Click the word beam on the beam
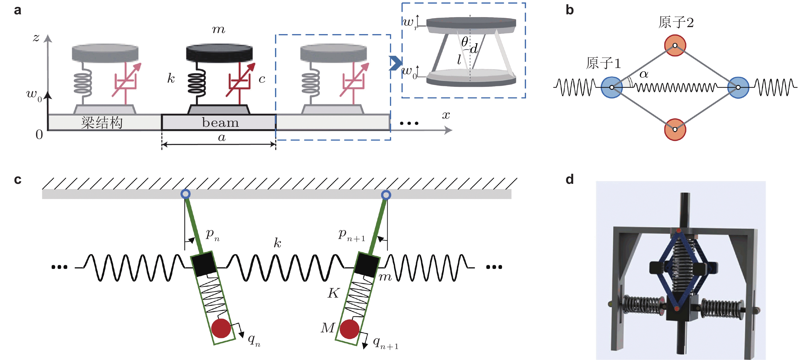point(220,123)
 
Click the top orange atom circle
point(675,45)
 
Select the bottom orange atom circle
point(675,129)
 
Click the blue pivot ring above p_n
point(186,194)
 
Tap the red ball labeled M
point(349,329)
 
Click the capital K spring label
point(333,293)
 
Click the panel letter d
point(570,179)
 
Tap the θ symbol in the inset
point(465,41)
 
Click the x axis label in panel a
point(446,115)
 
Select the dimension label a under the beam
point(222,137)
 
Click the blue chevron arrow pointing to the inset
point(396,63)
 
